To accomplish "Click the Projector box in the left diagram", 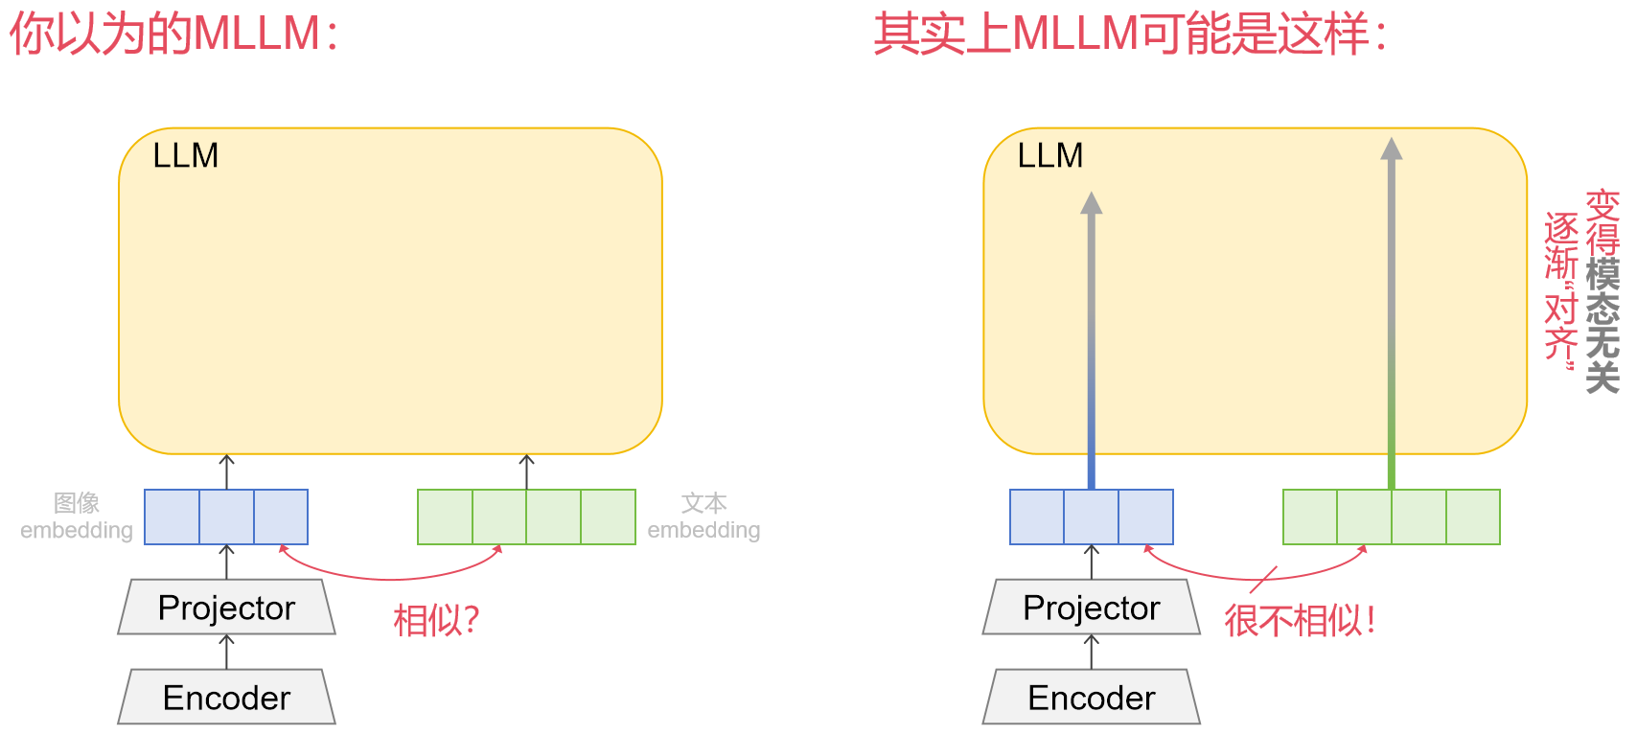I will pos(226,608).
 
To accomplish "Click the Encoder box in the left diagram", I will pos(226,698).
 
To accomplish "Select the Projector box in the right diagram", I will pos(1091,608).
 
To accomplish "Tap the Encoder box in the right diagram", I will pos(1091,698).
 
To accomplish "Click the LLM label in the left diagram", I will pos(186,155).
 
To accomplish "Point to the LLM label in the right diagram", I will pos(1050,155).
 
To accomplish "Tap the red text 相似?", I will pos(436,621).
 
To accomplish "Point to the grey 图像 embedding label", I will pos(77,517).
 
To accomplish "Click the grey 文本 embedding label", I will pos(703,517).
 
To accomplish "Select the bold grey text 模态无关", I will pos(1602,326).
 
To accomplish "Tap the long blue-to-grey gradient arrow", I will pos(1091,345).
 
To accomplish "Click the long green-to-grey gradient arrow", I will pos(1392,316).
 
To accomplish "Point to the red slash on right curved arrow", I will pos(1263,580).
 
